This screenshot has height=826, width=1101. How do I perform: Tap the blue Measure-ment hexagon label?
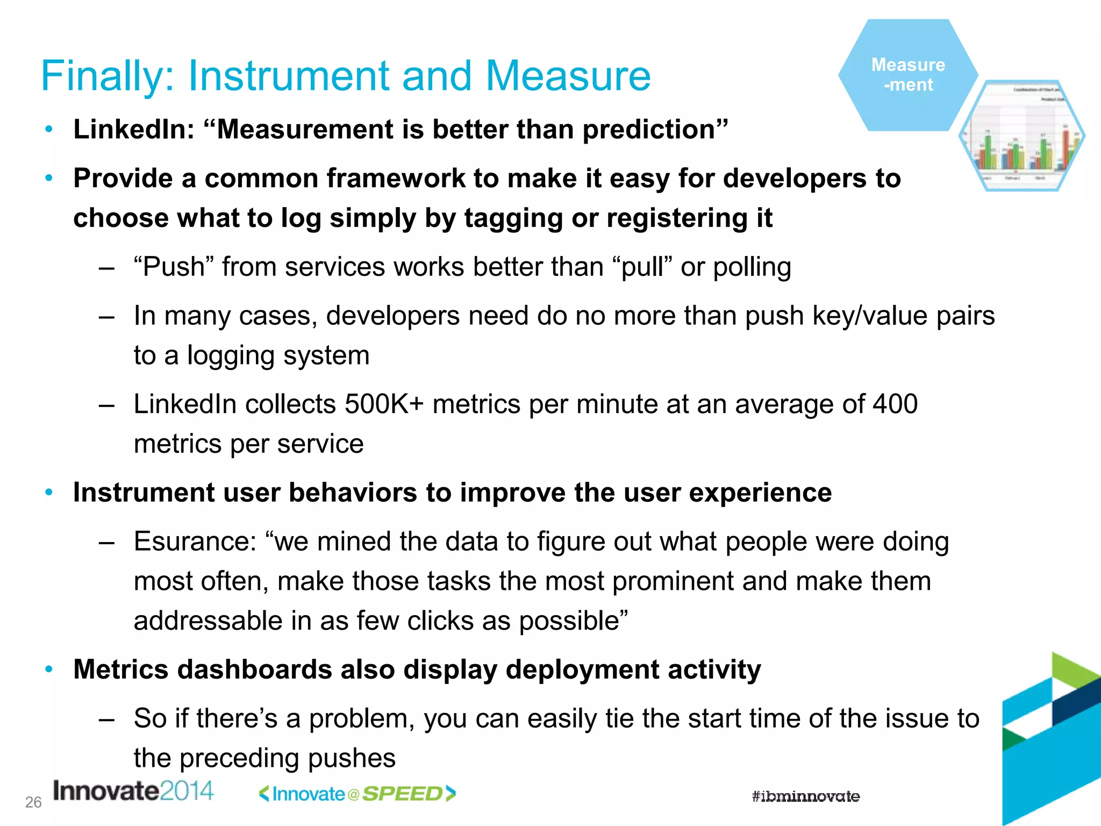click(908, 75)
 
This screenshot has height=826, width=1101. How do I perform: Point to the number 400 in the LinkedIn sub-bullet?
click(895, 404)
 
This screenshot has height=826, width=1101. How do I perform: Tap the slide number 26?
click(33, 802)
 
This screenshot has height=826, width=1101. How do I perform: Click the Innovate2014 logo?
click(133, 792)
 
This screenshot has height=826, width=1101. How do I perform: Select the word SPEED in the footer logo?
click(402, 794)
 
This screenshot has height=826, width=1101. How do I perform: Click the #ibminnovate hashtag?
click(805, 796)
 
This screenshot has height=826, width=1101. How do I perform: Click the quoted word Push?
click(174, 267)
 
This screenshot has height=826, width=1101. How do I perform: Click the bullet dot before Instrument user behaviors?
click(49, 492)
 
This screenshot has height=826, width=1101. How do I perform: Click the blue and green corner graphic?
click(1051, 742)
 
